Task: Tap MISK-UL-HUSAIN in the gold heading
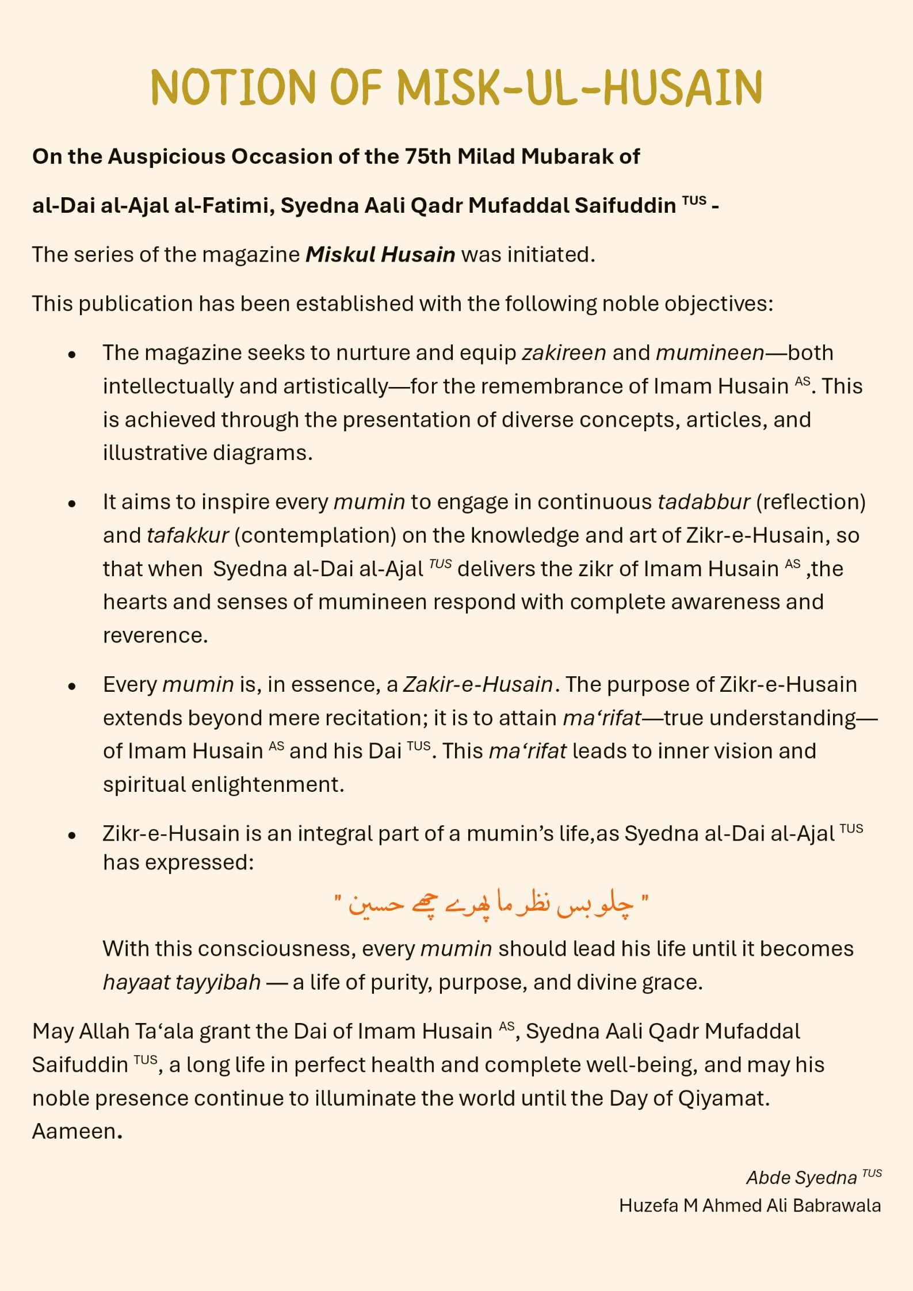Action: (579, 87)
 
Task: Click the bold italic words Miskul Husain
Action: (380, 254)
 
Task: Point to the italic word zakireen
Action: (564, 353)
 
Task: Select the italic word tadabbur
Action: (704, 502)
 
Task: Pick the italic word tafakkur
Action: (188, 535)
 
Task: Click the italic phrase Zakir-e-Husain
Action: (478, 684)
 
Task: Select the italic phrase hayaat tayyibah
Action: (182, 982)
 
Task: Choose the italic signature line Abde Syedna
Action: (801, 1178)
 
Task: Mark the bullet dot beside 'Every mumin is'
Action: (72, 686)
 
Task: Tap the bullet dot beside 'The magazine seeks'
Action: (72, 355)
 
